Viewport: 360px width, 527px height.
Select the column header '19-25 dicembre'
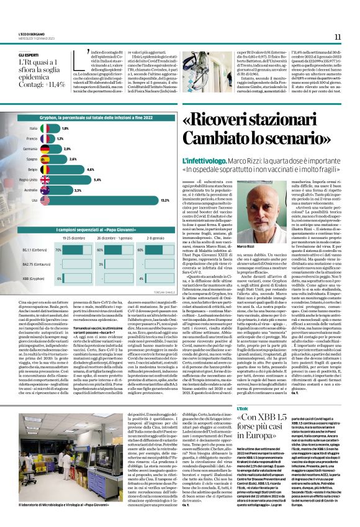pyautogui.click(x=74, y=238)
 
